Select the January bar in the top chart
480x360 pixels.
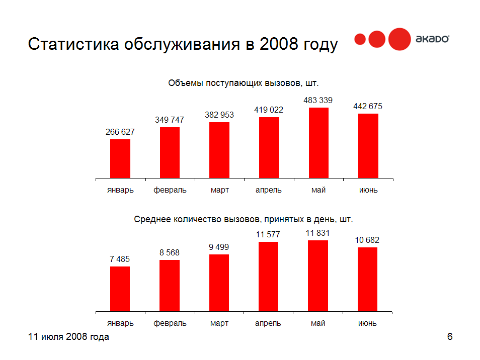[x=120, y=158]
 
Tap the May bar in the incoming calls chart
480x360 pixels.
[x=318, y=143]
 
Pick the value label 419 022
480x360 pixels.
[x=269, y=110]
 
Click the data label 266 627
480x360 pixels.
[x=120, y=132]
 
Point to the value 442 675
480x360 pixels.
[x=368, y=106]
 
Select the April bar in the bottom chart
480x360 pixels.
[x=269, y=277]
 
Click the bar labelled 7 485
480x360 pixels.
[x=120, y=289]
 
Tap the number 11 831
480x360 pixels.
[x=318, y=233]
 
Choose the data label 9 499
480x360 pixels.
[x=219, y=247]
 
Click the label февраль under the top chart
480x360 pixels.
[x=170, y=190]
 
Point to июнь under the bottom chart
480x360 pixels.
[x=368, y=323]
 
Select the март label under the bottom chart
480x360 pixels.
[x=219, y=323]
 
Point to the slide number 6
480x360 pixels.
[x=450, y=337]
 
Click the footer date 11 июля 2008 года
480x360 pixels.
[x=68, y=337]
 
